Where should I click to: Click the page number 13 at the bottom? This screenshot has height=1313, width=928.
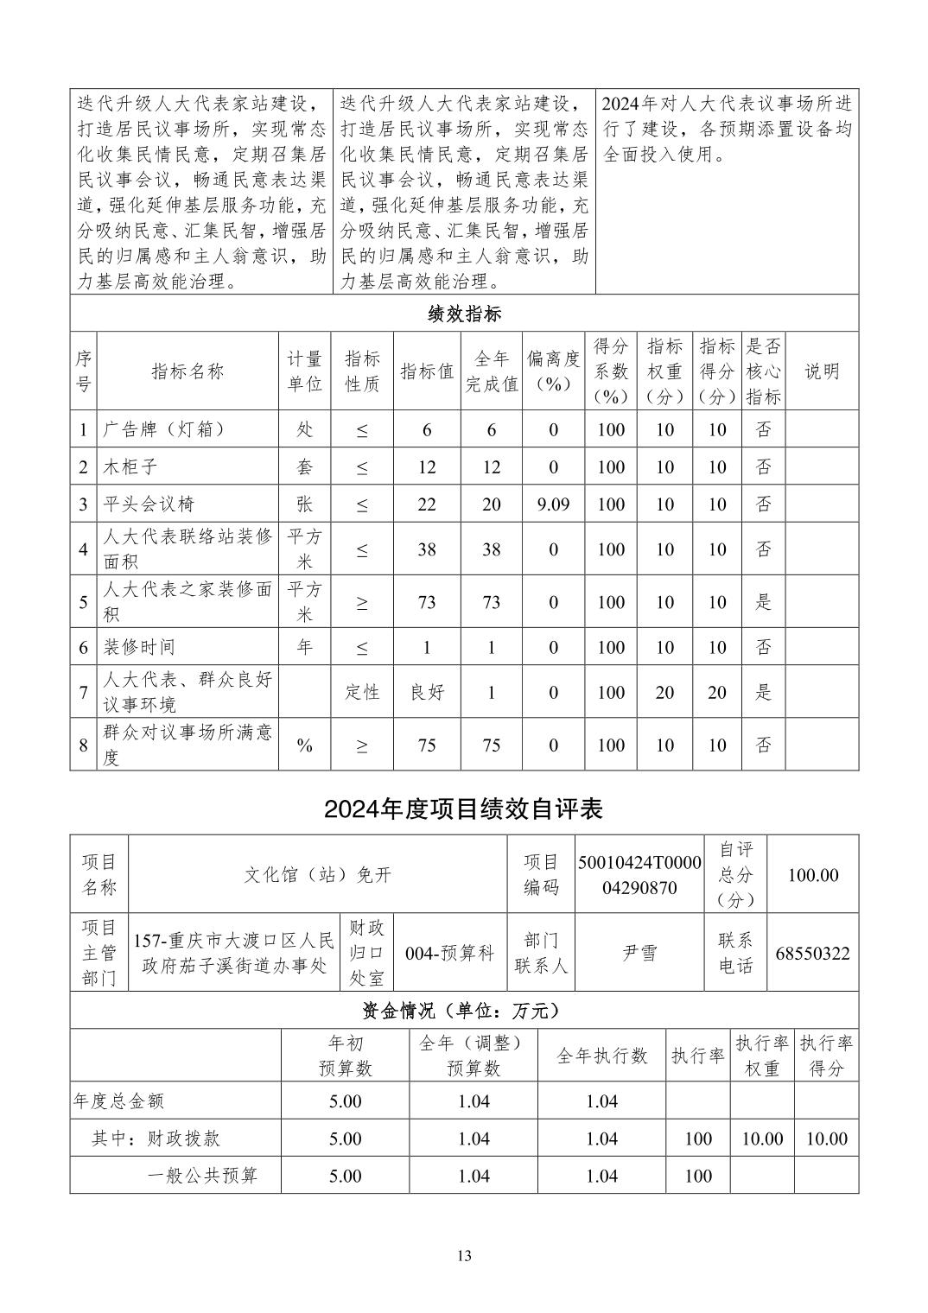tap(464, 1256)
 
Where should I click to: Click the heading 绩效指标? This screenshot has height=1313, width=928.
tap(464, 314)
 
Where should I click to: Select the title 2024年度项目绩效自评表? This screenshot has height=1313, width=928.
tap(463, 809)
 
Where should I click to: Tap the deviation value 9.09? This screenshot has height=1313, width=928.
tap(553, 504)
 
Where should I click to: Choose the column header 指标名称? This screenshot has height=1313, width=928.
tap(188, 371)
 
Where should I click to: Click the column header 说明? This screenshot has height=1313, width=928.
tap(822, 371)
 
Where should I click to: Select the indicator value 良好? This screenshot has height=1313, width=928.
tap(427, 693)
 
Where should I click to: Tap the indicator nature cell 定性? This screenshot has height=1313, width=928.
tap(362, 693)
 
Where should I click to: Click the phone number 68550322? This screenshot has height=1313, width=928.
tap(812, 954)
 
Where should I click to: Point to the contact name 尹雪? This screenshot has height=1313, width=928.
tap(639, 954)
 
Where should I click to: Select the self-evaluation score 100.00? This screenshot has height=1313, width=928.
tap(812, 875)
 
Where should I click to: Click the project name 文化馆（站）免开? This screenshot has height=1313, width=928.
tap(317, 875)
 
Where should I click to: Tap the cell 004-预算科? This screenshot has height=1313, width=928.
tap(449, 954)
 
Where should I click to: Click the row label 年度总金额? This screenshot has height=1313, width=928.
tap(118, 1101)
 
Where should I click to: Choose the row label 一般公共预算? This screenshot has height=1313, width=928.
tap(203, 1176)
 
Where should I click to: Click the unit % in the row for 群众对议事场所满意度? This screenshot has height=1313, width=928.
tap(304, 745)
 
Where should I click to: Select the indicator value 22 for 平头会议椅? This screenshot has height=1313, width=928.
tap(427, 504)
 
